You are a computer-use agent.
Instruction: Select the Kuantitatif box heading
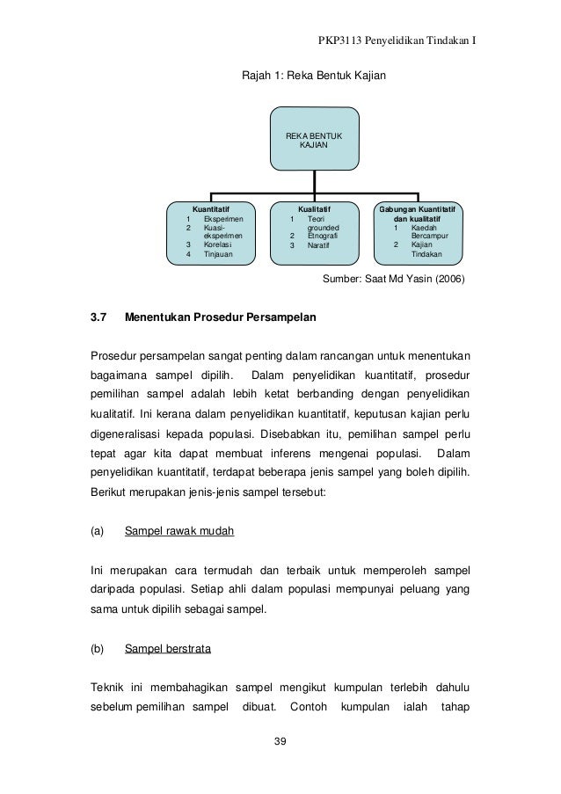(x=211, y=209)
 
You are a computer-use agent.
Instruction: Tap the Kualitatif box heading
(x=314, y=209)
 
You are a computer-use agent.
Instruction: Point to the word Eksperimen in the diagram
(x=222, y=218)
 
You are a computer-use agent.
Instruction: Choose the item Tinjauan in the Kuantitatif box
(x=218, y=254)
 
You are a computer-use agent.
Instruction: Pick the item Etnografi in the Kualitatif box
(x=323, y=236)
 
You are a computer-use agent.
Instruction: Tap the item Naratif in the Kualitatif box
(x=319, y=245)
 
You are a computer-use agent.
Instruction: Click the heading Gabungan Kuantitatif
(x=420, y=209)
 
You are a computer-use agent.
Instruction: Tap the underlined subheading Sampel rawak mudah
(x=179, y=531)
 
